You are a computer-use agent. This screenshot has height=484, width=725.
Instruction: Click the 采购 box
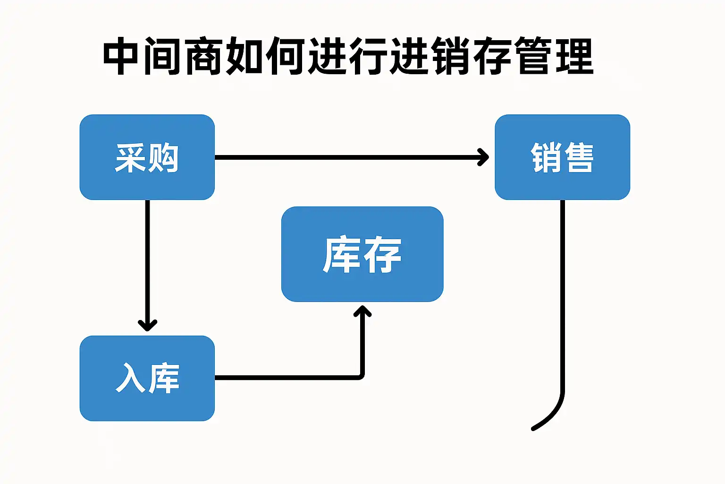tap(147, 157)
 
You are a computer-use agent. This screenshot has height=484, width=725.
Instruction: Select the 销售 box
tap(563, 157)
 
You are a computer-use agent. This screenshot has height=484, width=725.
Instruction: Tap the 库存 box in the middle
tap(362, 254)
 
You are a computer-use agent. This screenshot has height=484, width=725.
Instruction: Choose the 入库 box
tap(147, 378)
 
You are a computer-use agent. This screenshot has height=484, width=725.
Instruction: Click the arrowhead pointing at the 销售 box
tap(484, 157)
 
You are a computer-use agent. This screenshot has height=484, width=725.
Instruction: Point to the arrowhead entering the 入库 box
tap(148, 325)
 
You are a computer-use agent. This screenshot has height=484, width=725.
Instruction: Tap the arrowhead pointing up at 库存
tap(362, 311)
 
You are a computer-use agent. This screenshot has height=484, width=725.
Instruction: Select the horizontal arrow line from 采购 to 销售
tap(352, 157)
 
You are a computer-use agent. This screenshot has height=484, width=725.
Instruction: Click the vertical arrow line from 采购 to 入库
tap(148, 265)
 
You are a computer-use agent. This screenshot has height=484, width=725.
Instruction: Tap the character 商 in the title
tap(203, 56)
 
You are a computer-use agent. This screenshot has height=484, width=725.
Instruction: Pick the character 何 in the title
tap(285, 56)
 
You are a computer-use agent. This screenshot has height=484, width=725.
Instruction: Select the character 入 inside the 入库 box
tap(131, 379)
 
